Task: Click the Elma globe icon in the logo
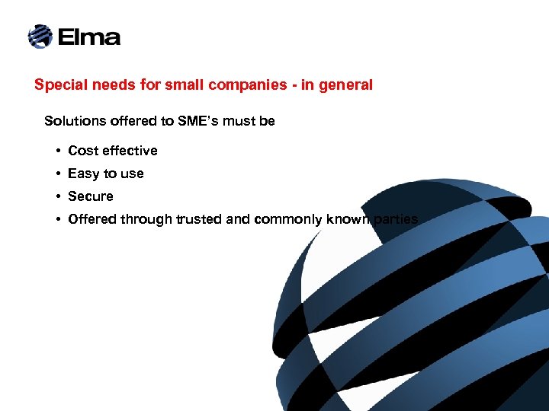tap(40, 36)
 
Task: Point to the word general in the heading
tap(347, 85)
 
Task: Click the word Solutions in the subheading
tap(73, 121)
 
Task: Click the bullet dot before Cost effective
tap(58, 151)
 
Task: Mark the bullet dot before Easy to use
tap(58, 174)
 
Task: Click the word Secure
tap(91, 196)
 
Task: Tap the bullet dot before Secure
tap(58, 197)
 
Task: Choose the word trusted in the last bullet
tap(200, 219)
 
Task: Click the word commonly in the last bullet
tap(290, 219)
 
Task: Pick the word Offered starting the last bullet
tap(93, 219)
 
